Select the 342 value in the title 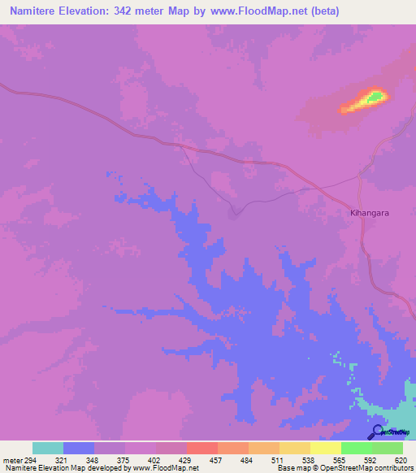point(127,11)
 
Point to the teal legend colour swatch point(48,448)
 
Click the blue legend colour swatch point(79,448)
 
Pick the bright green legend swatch point(357,448)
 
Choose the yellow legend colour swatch point(326,448)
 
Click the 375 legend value point(125,460)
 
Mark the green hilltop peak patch point(375,98)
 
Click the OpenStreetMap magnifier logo point(378,432)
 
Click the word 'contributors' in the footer point(393,469)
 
